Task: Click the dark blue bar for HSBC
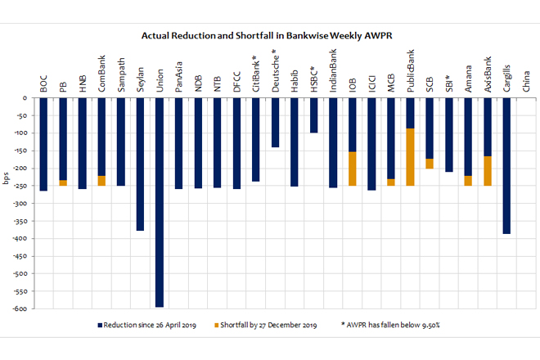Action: click(313, 115)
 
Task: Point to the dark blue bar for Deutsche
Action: click(275, 123)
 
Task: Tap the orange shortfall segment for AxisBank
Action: click(488, 171)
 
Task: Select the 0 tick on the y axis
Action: click(26, 98)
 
